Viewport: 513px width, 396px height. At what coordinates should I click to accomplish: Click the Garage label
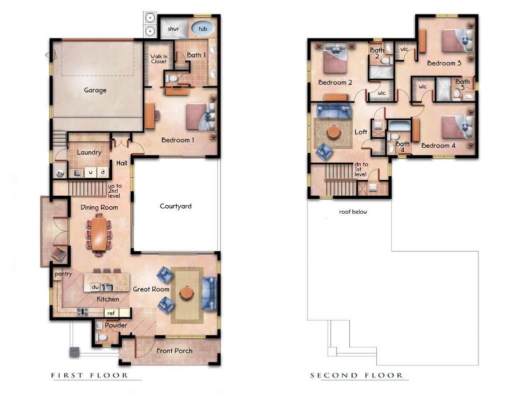tap(95, 90)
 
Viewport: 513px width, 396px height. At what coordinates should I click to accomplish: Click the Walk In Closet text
tap(158, 59)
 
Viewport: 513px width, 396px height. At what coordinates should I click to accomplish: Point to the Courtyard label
tap(175, 206)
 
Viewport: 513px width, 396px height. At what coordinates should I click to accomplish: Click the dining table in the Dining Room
tap(99, 234)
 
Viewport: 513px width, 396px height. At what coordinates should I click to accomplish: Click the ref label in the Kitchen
tap(111, 313)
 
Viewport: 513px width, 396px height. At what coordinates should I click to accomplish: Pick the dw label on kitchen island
tap(95, 287)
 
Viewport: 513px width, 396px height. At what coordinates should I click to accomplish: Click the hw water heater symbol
tap(61, 173)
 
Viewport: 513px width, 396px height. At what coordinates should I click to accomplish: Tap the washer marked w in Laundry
tap(91, 173)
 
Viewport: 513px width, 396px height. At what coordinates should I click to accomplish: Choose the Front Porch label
tap(174, 350)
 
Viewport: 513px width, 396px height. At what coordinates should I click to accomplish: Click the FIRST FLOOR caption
tap(90, 375)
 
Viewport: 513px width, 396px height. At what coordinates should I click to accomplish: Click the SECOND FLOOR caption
tap(356, 375)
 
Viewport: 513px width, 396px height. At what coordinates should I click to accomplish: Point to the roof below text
tap(353, 212)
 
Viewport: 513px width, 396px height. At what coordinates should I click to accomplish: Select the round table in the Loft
tap(333, 132)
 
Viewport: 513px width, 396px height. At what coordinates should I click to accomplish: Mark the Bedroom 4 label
tap(438, 146)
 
